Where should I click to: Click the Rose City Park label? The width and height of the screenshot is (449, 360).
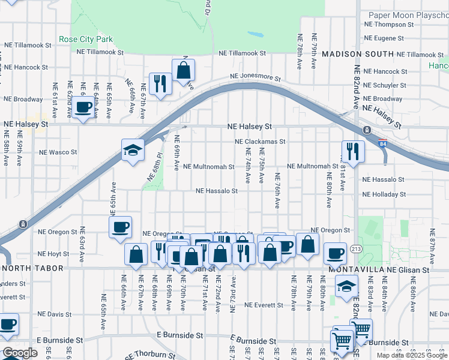86,40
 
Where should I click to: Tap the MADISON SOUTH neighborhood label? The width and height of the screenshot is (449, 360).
357,54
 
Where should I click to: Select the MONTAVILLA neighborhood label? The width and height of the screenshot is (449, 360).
354,271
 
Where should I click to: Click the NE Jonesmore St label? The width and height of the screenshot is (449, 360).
256,77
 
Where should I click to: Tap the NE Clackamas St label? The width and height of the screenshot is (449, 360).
260,142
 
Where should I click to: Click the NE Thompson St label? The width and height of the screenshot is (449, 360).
389,25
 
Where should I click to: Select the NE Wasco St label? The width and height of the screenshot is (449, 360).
57,152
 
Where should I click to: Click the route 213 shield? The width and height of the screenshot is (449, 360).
357,248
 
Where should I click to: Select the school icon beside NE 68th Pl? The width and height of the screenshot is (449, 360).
133,150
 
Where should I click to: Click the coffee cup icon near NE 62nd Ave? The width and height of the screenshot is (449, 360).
84,108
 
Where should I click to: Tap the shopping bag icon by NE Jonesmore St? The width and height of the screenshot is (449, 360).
183,70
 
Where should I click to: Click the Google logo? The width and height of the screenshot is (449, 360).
20,353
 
